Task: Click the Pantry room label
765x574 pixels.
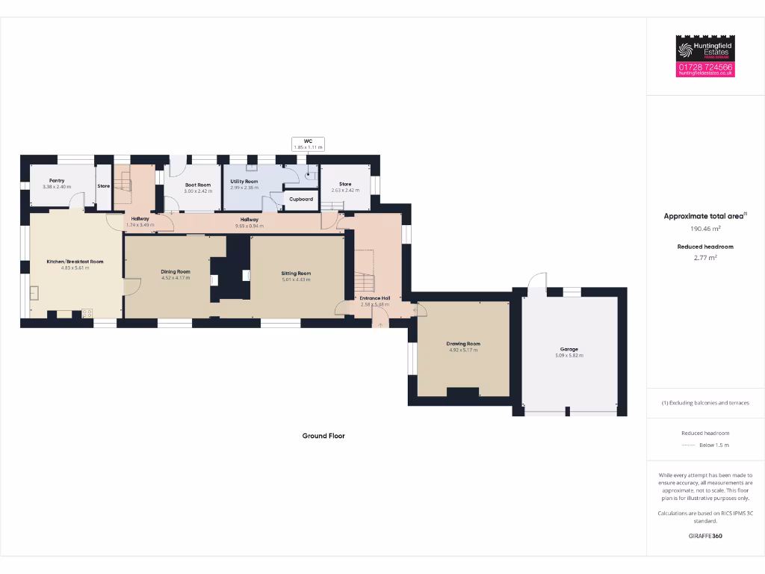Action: click(x=57, y=180)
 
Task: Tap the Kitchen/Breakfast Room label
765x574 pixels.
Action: click(x=75, y=262)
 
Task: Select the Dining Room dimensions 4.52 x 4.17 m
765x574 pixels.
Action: click(x=176, y=278)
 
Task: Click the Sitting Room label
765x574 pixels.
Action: click(x=296, y=274)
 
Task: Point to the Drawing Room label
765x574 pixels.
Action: click(x=464, y=344)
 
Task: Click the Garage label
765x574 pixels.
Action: click(x=569, y=349)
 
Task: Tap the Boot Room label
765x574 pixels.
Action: click(x=198, y=185)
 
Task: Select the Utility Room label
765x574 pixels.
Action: click(x=244, y=182)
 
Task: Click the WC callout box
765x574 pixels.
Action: click(x=308, y=144)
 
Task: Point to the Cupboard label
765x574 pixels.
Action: click(x=301, y=200)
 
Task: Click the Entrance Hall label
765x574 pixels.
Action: click(x=374, y=298)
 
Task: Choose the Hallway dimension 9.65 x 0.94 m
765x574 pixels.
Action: click(x=249, y=226)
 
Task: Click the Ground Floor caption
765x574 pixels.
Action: click(x=323, y=436)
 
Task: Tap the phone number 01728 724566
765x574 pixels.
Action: click(x=705, y=67)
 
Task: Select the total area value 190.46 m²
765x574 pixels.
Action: click(x=704, y=229)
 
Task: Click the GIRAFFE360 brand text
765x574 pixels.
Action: click(x=704, y=536)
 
